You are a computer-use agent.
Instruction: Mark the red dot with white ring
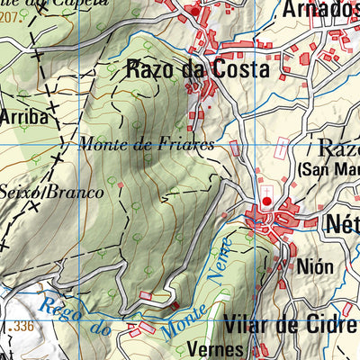tap(266, 202)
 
